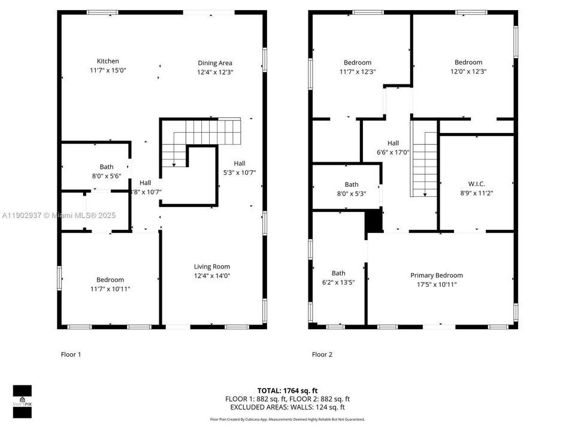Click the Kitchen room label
pos(108,61)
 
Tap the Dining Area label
pos(215,63)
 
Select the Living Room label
pos(211,267)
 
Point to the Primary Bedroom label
pos(436,275)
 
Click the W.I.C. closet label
pos(476,184)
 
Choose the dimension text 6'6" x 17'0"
pos(393,152)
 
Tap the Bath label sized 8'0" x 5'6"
pos(107,167)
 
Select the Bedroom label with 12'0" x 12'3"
pos(468,62)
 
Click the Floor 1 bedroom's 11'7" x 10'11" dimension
pos(110,289)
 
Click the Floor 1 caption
pos(71,354)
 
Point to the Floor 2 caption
pos(322,354)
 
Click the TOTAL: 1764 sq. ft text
pos(287,390)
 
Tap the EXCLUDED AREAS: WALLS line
pos(287,407)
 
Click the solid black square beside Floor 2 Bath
pos(373,221)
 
